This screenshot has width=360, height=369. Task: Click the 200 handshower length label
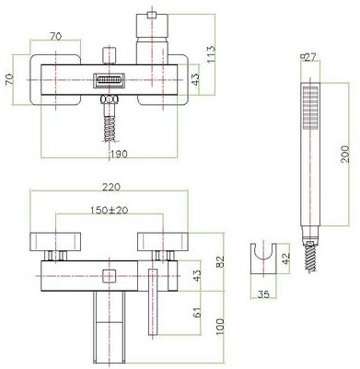tap(343, 149)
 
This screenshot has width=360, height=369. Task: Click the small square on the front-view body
tap(110, 275)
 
